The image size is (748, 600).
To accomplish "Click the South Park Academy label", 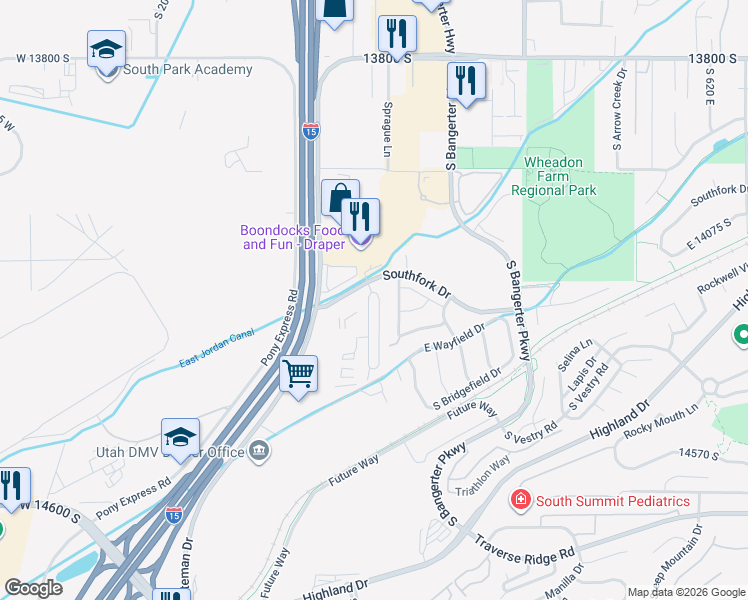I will [x=187, y=70].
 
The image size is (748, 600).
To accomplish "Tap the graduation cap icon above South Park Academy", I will [x=107, y=49].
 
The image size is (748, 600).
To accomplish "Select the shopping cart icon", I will [x=298, y=375].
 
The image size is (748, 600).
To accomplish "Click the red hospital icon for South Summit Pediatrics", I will [x=520, y=499].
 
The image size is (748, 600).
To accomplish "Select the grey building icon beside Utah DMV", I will [x=260, y=452].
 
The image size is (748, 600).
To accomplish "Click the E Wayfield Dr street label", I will [x=454, y=337].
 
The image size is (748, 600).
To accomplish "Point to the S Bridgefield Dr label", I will [x=466, y=391].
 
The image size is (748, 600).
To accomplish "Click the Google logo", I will [x=33, y=588].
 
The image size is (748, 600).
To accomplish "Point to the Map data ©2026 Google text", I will [x=685, y=592].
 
